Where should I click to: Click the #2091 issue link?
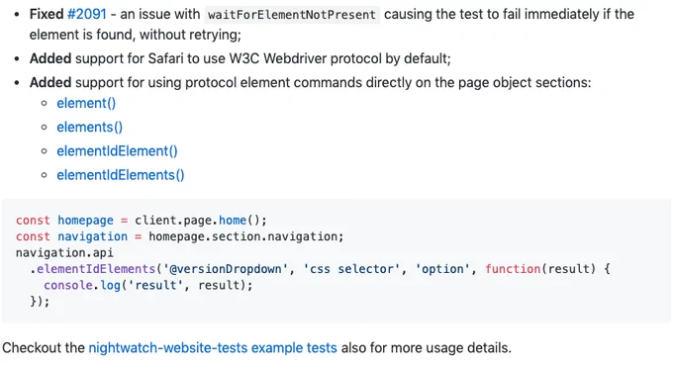(x=87, y=14)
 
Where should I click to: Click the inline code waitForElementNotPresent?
(x=292, y=15)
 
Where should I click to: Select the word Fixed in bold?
(x=47, y=14)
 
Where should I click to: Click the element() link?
(x=86, y=103)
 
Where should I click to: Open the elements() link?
(x=90, y=128)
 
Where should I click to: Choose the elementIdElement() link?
(x=117, y=151)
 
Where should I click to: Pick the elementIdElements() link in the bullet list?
(x=121, y=175)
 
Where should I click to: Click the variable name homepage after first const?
(x=85, y=221)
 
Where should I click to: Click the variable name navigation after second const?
(x=92, y=236)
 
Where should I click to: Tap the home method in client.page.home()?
(x=233, y=221)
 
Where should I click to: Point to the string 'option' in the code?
(x=443, y=269)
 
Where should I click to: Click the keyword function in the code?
(x=513, y=269)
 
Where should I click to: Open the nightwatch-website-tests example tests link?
(x=213, y=348)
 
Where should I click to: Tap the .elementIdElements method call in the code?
(x=92, y=269)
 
